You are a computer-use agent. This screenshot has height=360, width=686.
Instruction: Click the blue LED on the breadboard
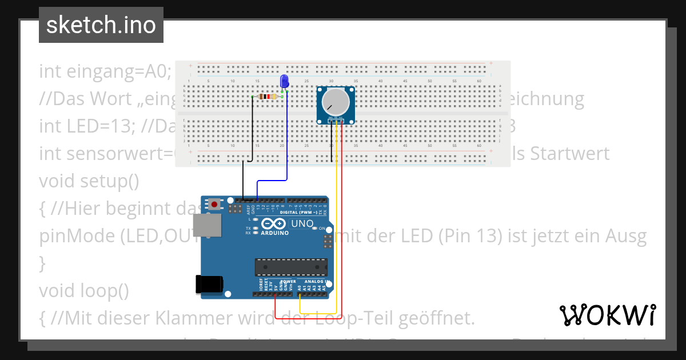point(284,82)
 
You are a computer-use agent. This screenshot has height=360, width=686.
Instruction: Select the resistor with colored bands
point(268,97)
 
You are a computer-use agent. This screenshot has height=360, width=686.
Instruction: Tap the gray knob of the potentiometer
point(335,102)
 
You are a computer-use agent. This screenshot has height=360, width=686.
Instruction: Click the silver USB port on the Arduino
point(208,225)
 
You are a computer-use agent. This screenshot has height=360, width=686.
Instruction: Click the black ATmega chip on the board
point(292,267)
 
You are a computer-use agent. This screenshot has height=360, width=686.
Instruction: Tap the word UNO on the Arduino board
point(303,223)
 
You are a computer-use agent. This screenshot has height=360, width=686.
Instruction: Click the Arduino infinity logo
point(274,224)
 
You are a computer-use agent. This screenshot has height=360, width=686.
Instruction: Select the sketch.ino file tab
point(101,25)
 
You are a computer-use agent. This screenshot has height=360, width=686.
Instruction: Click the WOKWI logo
point(607,315)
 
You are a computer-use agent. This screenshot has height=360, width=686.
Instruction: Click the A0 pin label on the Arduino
point(300,288)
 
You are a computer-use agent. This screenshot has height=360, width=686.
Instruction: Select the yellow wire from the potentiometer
point(337,229)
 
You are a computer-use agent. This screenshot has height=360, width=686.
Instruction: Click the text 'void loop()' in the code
point(83,291)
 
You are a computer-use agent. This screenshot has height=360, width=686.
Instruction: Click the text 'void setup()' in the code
point(89,181)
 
